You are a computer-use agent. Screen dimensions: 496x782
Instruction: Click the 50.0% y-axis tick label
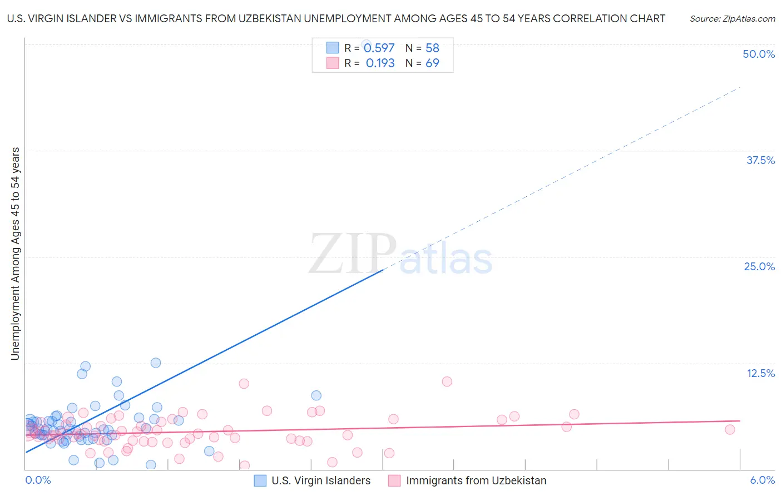pyautogui.click(x=759, y=54)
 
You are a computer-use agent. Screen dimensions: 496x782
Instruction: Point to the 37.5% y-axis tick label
pyautogui.click(x=760, y=160)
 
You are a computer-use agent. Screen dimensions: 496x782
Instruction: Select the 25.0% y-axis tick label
pyautogui.click(x=759, y=266)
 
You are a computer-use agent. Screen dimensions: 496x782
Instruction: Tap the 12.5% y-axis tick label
pyautogui.click(x=760, y=373)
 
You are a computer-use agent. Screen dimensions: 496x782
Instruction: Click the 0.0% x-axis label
pyautogui.click(x=38, y=480)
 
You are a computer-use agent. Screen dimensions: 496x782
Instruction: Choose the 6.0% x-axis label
pyautogui.click(x=763, y=480)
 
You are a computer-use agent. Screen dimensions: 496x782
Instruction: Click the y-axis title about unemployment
pyautogui.click(x=15, y=254)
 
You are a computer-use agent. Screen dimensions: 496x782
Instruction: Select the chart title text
pyautogui.click(x=336, y=18)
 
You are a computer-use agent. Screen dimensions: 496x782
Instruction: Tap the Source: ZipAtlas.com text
pyautogui.click(x=732, y=18)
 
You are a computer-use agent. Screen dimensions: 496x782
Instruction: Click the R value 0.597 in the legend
pyautogui.click(x=379, y=48)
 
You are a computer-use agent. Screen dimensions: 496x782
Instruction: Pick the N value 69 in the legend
pyautogui.click(x=432, y=63)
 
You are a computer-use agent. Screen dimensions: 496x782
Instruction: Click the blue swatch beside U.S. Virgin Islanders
pyautogui.click(x=260, y=481)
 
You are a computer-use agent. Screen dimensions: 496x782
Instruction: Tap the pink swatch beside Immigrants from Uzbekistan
pyautogui.click(x=394, y=481)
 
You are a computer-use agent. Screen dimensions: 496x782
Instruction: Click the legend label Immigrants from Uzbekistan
pyautogui.click(x=476, y=481)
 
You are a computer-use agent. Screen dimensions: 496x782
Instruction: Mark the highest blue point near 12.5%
pyautogui.click(x=156, y=363)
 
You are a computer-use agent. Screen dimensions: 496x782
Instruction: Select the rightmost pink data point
pyautogui.click(x=730, y=429)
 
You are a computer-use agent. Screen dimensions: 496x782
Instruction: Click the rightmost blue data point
pyautogui.click(x=316, y=395)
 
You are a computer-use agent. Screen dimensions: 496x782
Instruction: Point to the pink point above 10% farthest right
pyautogui.click(x=447, y=381)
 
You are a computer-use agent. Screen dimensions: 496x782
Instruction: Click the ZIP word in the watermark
pyautogui.click(x=352, y=254)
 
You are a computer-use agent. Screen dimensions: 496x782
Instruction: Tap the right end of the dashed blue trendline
pyautogui.click(x=740, y=87)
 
